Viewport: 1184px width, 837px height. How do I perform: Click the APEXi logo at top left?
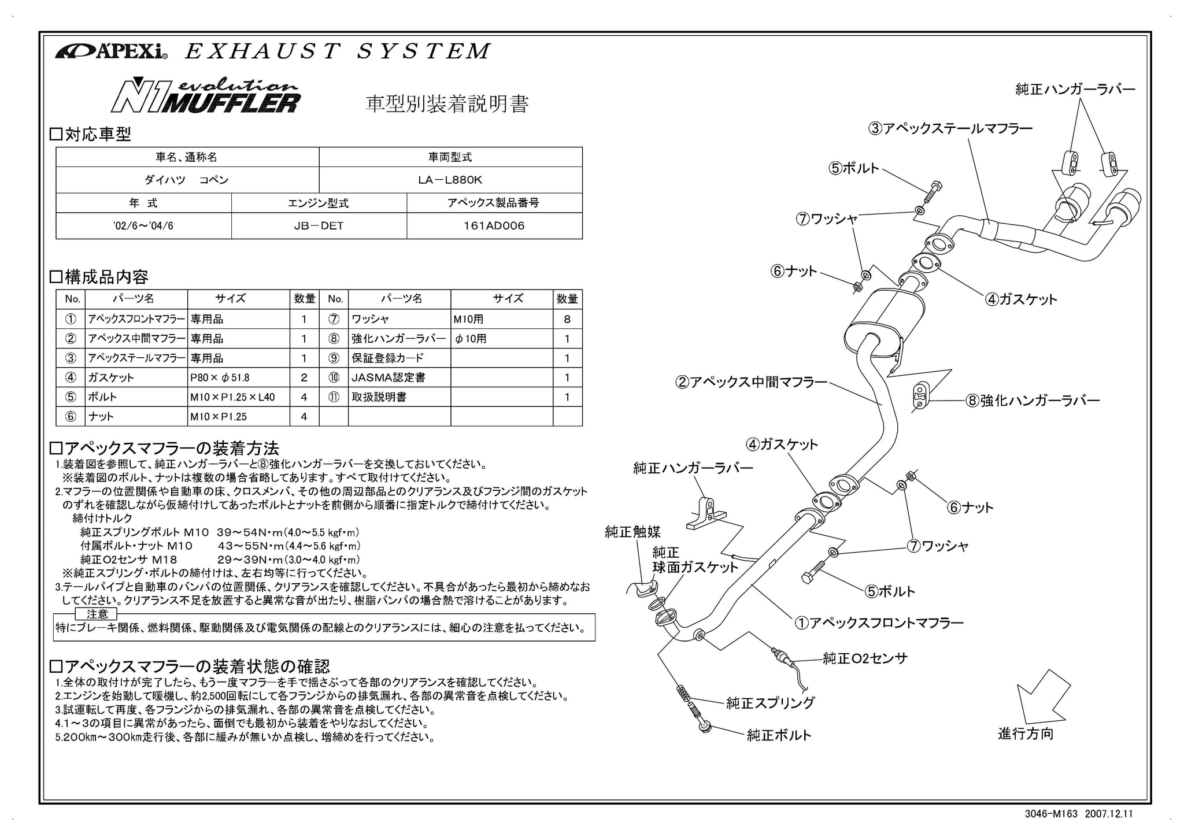pyautogui.click(x=112, y=51)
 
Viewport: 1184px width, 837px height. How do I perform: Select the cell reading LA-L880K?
pyautogui.click(x=450, y=180)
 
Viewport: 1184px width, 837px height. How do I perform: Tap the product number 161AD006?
pyautogui.click(x=494, y=226)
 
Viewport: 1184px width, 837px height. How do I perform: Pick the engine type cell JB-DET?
pyautogui.click(x=319, y=226)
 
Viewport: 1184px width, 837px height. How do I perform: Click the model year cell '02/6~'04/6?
pyautogui.click(x=143, y=226)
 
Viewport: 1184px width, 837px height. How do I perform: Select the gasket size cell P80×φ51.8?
pyautogui.click(x=238, y=377)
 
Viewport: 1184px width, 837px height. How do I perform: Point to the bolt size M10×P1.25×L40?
pyautogui.click(x=238, y=397)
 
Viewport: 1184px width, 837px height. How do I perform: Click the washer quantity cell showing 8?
pyautogui.click(x=567, y=319)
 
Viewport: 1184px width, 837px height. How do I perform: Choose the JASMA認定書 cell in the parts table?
pyautogui.click(x=399, y=377)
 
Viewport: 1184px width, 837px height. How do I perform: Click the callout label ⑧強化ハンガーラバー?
pyautogui.click(x=1032, y=401)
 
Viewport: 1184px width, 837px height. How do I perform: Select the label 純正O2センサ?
pyautogui.click(x=865, y=658)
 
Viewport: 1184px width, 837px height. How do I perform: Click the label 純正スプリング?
pyautogui.click(x=771, y=703)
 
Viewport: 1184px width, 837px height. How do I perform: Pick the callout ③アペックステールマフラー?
pyautogui.click(x=950, y=128)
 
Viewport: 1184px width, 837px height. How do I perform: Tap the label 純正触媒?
pyautogui.click(x=632, y=532)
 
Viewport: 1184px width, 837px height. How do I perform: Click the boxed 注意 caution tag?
pyautogui.click(x=97, y=614)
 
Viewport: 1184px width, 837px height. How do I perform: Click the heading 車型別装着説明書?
pyautogui.click(x=447, y=104)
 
